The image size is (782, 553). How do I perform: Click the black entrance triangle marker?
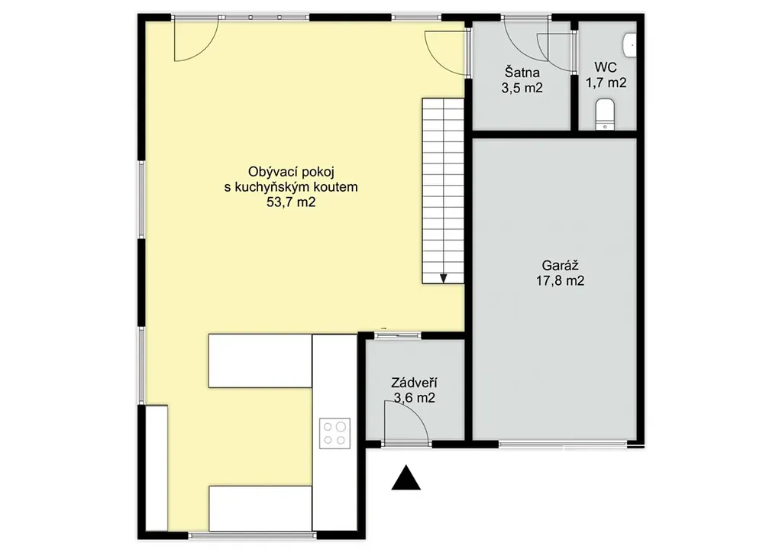(406, 477)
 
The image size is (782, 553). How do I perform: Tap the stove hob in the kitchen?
(334, 433)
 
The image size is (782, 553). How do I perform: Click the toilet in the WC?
(605, 115)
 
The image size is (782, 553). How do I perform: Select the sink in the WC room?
(630, 44)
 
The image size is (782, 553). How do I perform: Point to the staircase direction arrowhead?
(444, 279)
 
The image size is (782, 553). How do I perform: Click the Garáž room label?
(560, 265)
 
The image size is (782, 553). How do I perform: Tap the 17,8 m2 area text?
(560, 281)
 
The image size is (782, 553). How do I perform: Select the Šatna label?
(522, 73)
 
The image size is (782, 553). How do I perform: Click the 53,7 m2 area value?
(291, 202)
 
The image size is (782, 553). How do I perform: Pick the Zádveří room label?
(414, 383)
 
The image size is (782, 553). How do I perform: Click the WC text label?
(606, 66)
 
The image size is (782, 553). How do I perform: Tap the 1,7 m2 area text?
(606, 82)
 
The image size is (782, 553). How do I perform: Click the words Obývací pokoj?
(291, 172)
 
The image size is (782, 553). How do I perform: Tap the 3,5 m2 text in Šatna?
(522, 88)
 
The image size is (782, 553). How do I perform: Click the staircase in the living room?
(444, 191)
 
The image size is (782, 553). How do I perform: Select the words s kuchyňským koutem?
(291, 187)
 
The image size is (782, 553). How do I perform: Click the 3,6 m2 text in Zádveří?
(414, 398)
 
